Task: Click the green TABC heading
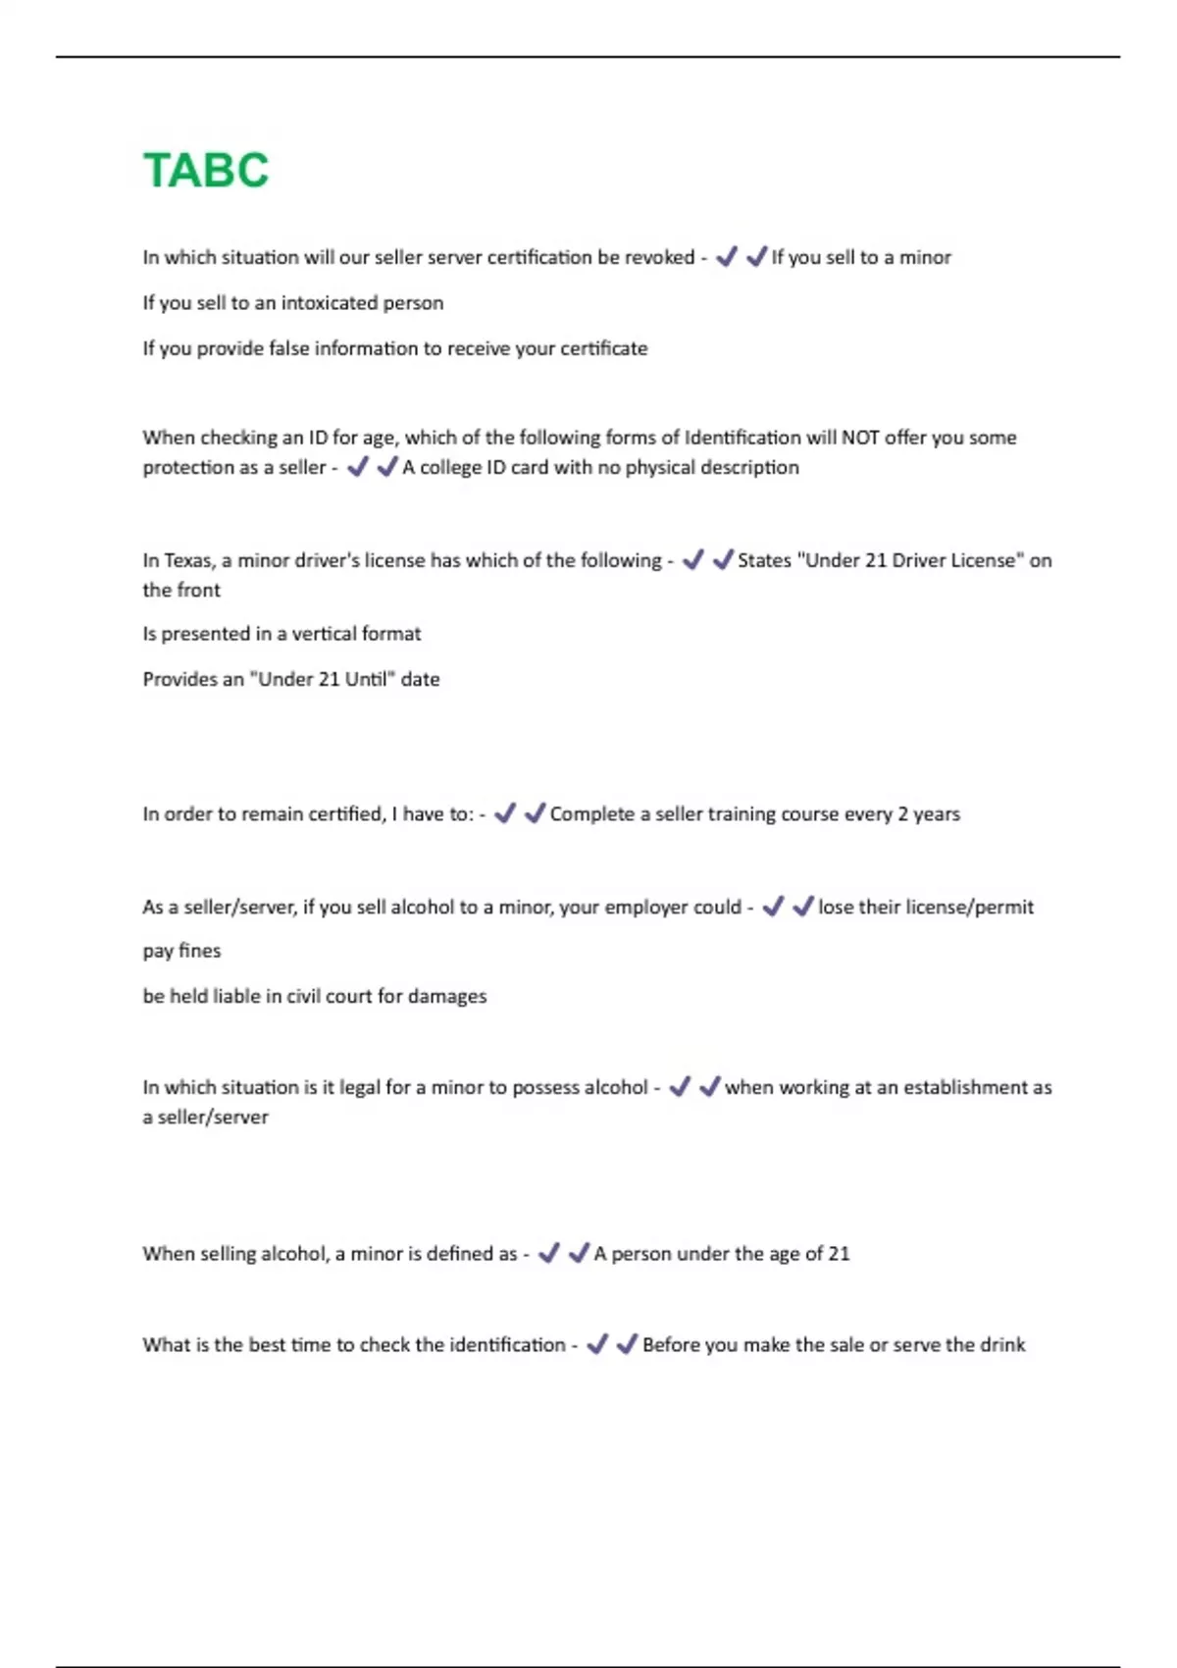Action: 206,171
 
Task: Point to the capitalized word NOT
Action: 860,438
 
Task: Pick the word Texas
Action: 187,560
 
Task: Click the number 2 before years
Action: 903,814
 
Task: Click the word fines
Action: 200,951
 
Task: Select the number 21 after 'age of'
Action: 839,1254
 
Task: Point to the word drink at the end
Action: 1002,1345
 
